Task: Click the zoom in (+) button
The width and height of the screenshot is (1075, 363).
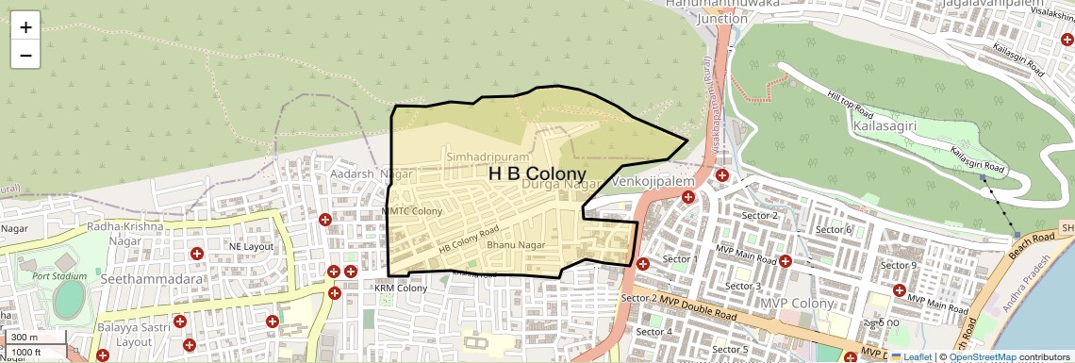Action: coord(25,26)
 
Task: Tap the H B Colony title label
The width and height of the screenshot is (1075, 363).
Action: coord(537,174)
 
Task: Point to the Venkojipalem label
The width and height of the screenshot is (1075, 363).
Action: coord(653,179)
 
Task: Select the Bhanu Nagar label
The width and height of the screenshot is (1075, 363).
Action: coord(517,245)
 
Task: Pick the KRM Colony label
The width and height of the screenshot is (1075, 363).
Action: coord(401,288)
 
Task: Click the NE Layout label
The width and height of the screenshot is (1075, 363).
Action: coord(250,246)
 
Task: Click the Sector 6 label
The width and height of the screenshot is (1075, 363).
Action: coord(834,229)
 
